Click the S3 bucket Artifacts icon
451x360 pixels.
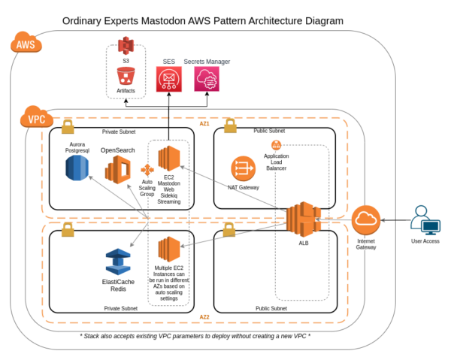tap(126, 76)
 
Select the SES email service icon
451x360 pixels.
tap(169, 79)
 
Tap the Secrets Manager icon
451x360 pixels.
tap(207, 79)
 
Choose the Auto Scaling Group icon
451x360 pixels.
tap(147, 171)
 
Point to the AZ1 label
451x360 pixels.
tap(204, 123)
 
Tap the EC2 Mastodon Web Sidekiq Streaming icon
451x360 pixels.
tap(170, 160)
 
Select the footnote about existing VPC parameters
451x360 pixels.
tap(195, 335)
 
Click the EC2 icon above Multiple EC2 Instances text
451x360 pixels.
tap(169, 250)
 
